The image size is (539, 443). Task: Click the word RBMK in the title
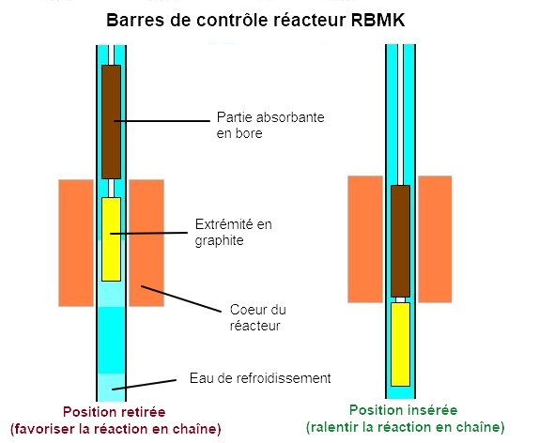(x=377, y=20)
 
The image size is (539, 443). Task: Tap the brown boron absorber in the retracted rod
(x=112, y=122)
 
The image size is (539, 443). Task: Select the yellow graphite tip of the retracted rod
(x=112, y=239)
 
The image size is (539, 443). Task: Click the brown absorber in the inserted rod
(x=400, y=241)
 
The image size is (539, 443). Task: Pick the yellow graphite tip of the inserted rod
(x=400, y=344)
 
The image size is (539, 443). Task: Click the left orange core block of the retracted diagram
(x=76, y=243)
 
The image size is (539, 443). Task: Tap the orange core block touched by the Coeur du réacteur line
(x=146, y=243)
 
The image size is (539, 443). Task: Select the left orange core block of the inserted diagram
(x=365, y=239)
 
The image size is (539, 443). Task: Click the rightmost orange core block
(x=435, y=239)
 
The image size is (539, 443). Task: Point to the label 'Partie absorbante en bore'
(x=270, y=125)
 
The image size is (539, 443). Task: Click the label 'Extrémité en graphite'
(x=234, y=233)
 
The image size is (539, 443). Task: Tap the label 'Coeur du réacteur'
(x=258, y=317)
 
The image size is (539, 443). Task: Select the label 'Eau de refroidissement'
(x=260, y=378)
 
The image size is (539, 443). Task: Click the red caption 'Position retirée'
(x=115, y=412)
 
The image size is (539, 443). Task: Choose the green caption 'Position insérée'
(x=403, y=410)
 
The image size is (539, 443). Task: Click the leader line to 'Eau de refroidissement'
(x=145, y=385)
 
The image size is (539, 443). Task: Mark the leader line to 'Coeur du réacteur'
(x=181, y=298)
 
